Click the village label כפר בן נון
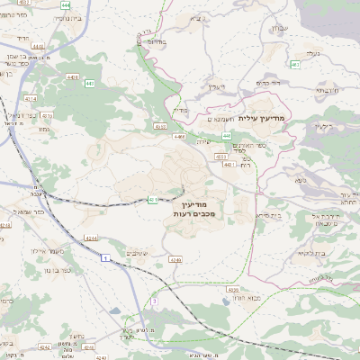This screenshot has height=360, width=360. coord(60,270)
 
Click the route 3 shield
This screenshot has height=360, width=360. coord(155,300)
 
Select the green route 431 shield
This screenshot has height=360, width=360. coord(153,199)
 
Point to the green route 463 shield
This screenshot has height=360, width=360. coord(295,65)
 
